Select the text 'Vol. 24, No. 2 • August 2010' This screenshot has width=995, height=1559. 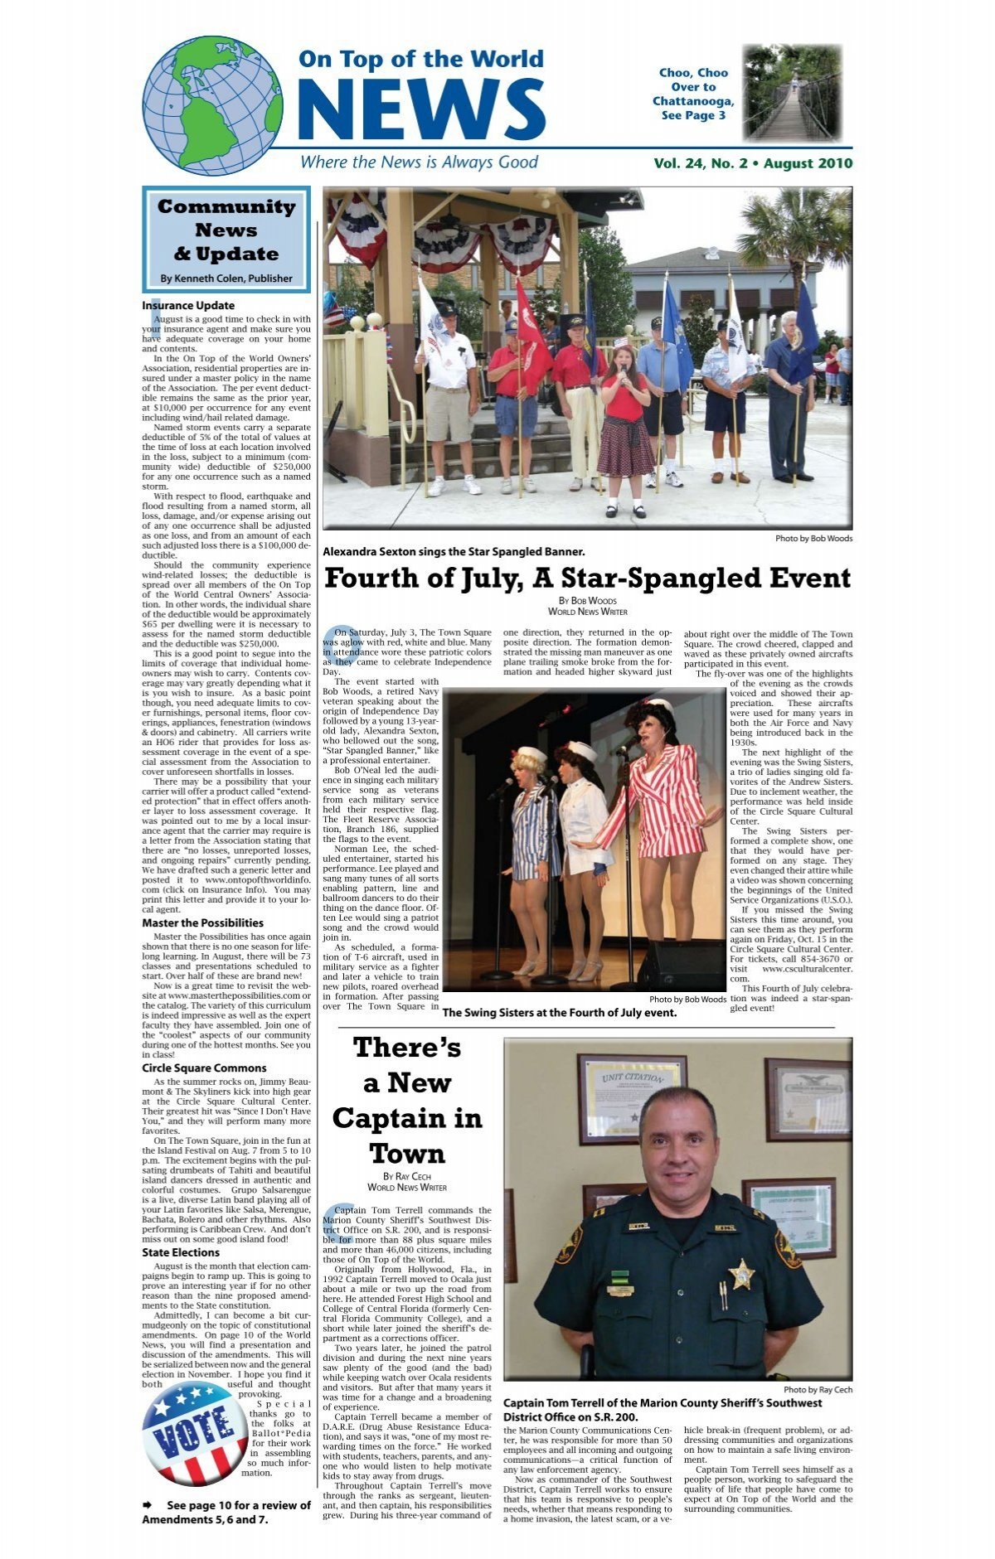752,163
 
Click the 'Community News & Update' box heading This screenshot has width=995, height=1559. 226,230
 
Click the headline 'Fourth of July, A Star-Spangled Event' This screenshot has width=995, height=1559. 587,579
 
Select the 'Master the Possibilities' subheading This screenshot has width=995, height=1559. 202,922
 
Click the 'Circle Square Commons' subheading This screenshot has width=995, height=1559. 204,1068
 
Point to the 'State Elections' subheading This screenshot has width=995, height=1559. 181,1252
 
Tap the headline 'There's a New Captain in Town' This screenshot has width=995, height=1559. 406,1101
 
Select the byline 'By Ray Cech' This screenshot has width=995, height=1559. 406,1176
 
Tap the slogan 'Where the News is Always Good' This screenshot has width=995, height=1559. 419,162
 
